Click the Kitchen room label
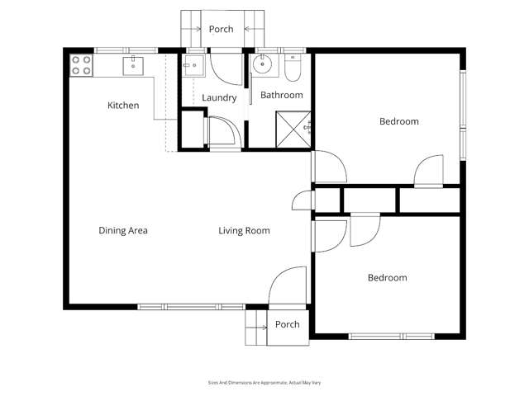coord(123,106)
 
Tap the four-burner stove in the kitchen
coord(81,65)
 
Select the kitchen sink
coord(133,65)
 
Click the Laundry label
coord(219,97)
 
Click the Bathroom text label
coord(282,95)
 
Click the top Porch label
coord(221,29)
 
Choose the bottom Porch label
coord(287,324)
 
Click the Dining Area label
coord(123,230)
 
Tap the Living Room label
coord(244,230)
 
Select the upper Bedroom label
coord(398,121)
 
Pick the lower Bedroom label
coord(387,278)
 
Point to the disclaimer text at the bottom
coord(264,382)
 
